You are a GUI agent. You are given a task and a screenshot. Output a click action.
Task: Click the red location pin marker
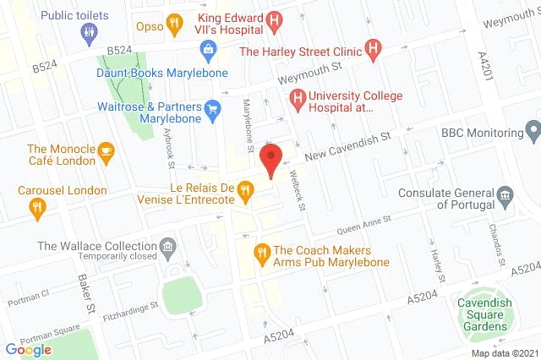click(270, 159)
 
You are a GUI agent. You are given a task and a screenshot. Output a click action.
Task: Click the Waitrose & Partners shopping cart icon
click(214, 107)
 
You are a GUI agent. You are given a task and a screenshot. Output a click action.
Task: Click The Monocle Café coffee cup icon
click(106, 153)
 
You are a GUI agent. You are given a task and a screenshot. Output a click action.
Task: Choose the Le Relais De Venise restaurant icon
click(246, 191)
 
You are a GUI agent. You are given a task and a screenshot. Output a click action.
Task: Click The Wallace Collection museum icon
click(168, 248)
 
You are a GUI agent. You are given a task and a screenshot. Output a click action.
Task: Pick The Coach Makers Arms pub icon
click(262, 252)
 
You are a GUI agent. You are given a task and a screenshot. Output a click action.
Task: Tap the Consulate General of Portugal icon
click(505, 197)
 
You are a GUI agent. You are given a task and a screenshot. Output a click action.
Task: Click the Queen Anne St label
click(364, 223)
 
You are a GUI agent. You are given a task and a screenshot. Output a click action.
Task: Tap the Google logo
click(28, 349)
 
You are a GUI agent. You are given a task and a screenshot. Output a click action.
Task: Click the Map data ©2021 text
click(504, 353)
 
